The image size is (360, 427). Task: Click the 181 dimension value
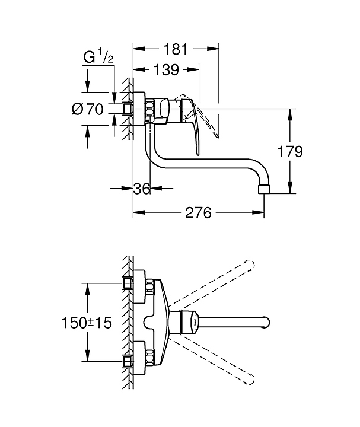click(x=176, y=49)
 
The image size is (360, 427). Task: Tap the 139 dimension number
click(x=167, y=70)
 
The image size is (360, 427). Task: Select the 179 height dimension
click(x=290, y=151)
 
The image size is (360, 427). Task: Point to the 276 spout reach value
click(x=198, y=212)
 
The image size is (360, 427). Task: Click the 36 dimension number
click(x=142, y=188)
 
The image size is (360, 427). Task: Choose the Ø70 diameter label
click(x=88, y=109)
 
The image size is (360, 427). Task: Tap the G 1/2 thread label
click(x=98, y=58)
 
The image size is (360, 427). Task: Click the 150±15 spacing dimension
click(x=87, y=323)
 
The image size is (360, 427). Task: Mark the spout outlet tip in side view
click(x=264, y=189)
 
